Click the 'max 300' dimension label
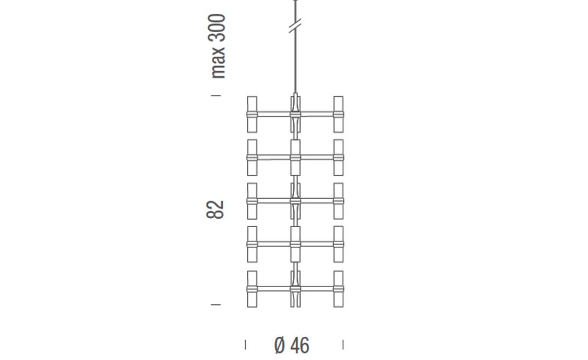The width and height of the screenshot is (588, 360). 218,46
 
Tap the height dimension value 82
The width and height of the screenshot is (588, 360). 215,210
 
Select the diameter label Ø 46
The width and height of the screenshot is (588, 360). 292,345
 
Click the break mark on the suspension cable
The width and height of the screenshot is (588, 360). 295,26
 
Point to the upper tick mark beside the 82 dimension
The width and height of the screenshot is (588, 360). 216,96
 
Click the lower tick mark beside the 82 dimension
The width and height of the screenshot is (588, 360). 216,305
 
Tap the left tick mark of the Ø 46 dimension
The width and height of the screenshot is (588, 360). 245,345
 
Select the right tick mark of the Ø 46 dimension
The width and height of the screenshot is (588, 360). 343,345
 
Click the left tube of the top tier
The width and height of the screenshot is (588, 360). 252,114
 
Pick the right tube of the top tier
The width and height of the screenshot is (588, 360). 338,114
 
